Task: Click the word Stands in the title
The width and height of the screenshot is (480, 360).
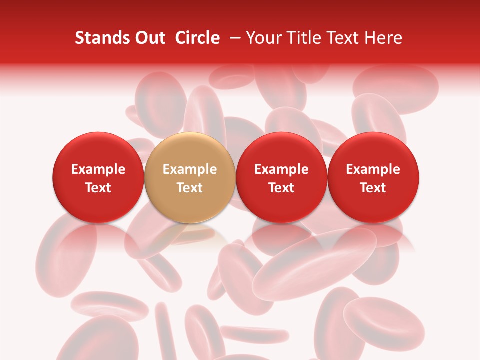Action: (x=100, y=38)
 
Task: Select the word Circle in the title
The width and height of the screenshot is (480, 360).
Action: (x=197, y=38)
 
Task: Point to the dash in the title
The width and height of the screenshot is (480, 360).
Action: (x=233, y=38)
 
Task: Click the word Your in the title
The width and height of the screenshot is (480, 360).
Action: (x=262, y=38)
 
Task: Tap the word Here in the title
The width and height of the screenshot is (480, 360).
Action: (x=382, y=38)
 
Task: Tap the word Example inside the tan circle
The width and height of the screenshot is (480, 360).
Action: (x=190, y=169)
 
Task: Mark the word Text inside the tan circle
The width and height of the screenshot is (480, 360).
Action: (x=190, y=188)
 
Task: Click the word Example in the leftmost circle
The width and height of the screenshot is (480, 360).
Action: (x=98, y=169)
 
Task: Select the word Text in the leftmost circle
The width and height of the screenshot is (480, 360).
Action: (x=98, y=188)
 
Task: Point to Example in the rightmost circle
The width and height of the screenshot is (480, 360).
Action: (x=373, y=169)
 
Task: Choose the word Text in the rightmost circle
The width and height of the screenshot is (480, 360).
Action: (x=373, y=188)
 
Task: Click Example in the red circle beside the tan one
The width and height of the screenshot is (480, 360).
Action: (x=281, y=169)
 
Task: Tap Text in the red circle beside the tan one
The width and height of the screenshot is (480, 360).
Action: (x=281, y=188)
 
